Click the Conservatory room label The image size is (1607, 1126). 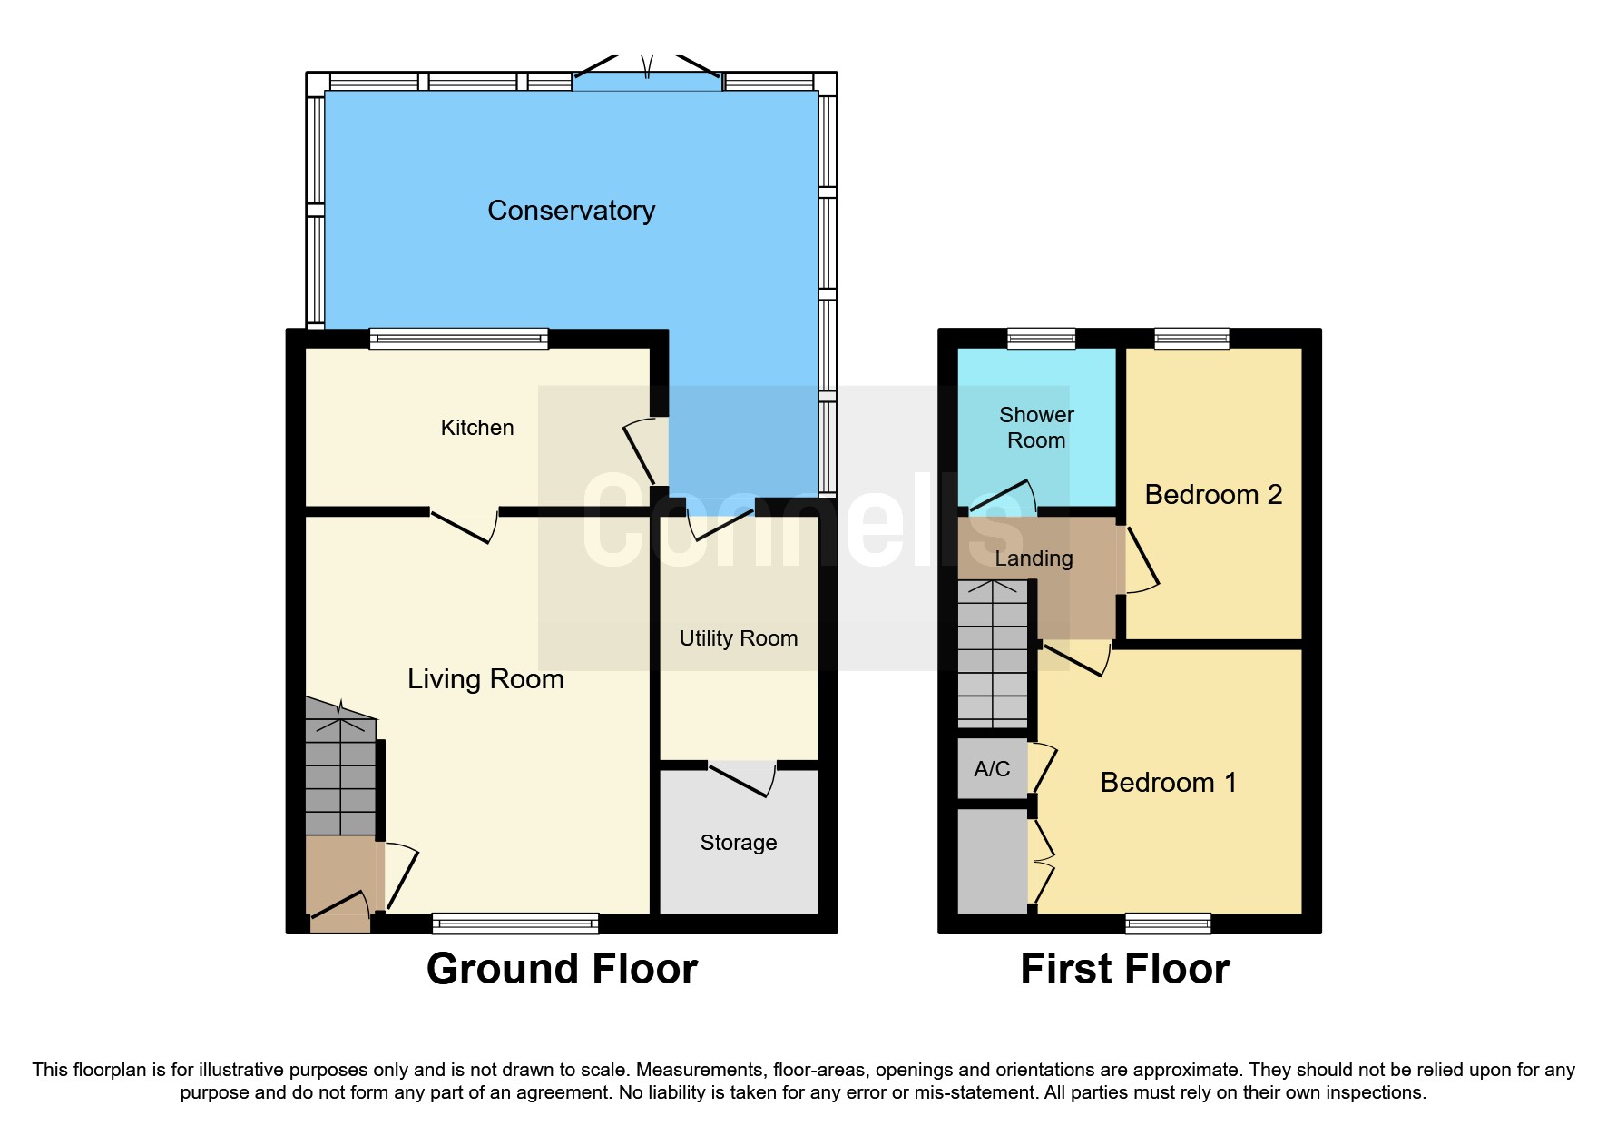(571, 211)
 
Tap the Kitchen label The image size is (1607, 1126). (476, 428)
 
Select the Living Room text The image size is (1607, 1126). (485, 679)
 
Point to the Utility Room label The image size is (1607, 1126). (738, 638)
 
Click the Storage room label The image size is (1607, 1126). (738, 843)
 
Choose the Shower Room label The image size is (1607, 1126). (1036, 428)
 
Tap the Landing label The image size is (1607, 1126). (1034, 558)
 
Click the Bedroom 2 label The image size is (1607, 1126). (1213, 495)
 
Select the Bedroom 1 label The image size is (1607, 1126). (1168, 783)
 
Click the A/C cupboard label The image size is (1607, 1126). (992, 769)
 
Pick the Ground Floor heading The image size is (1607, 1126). (562, 969)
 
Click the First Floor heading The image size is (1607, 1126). (1124, 969)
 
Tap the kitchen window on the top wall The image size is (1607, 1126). (458, 339)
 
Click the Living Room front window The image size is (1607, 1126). (514, 924)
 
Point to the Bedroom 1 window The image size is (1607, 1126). (1168, 924)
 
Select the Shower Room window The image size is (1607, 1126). (1041, 339)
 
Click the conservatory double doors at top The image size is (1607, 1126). (647, 71)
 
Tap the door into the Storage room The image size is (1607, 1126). (742, 779)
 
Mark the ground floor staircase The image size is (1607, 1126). (340, 772)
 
